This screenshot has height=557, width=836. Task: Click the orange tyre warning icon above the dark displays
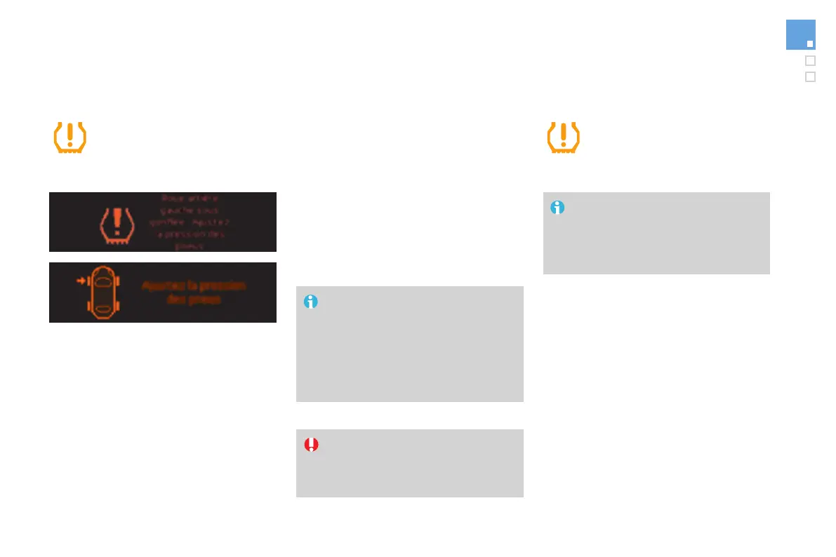(x=70, y=137)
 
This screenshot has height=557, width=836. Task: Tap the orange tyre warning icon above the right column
(x=563, y=137)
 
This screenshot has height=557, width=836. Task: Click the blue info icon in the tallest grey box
(x=310, y=302)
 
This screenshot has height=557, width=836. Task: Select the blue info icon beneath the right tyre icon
(x=557, y=208)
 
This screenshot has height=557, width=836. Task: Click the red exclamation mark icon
(x=311, y=444)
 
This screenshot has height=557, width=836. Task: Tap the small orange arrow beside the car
(x=81, y=281)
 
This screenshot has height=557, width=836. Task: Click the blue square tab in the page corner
(x=800, y=34)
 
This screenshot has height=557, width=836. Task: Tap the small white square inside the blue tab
(x=809, y=43)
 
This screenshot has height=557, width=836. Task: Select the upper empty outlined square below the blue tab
(x=810, y=60)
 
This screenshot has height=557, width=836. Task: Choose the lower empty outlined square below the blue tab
(x=810, y=76)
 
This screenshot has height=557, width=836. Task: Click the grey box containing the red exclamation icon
(x=409, y=463)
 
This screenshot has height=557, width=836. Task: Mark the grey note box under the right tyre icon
(x=656, y=233)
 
